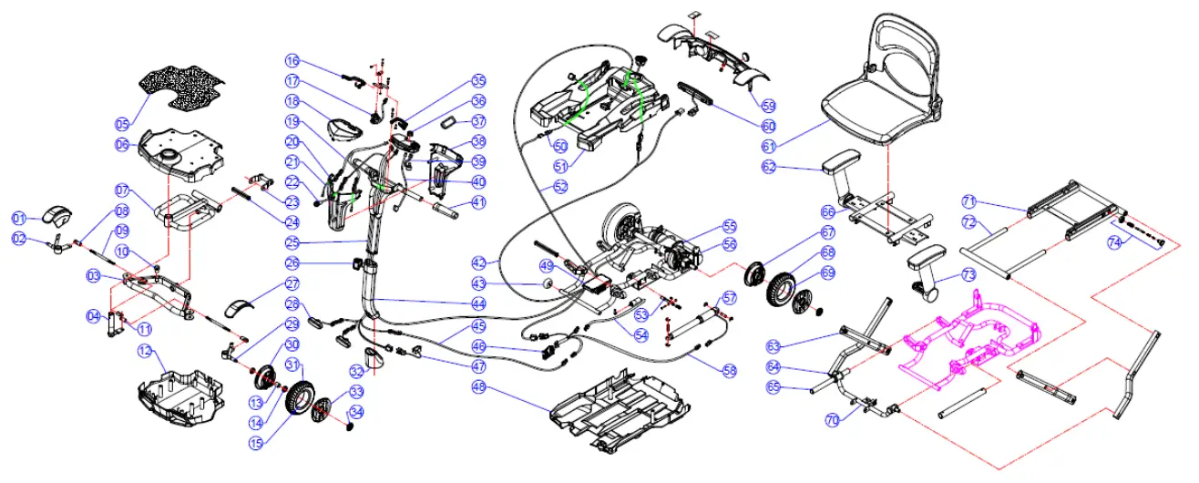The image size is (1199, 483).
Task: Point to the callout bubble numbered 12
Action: coord(146,352)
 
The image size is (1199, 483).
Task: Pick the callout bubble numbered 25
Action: coord(292,243)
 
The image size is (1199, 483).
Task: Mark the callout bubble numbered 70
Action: coord(831,420)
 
